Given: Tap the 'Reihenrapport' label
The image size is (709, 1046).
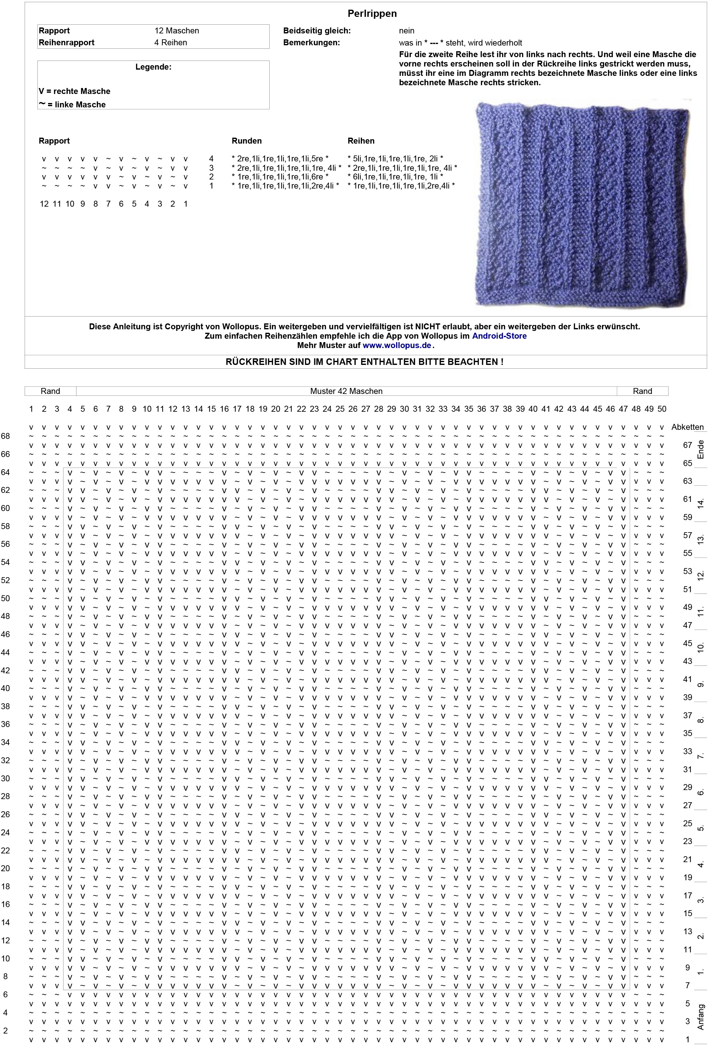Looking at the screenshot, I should [66, 42].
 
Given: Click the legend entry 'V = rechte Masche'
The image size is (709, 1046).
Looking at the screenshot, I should [74, 91].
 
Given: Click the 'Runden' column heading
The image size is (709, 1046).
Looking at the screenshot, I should [247, 141].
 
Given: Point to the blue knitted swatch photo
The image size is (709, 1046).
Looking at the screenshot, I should [583, 204].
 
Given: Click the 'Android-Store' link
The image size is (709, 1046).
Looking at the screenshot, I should [499, 336].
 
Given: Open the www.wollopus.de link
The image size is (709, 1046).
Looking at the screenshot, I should [397, 345].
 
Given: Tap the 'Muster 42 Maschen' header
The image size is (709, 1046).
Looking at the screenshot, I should [346, 391].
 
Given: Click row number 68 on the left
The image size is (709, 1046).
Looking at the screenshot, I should [5, 436].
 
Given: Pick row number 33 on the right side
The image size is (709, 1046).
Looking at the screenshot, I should [687, 751].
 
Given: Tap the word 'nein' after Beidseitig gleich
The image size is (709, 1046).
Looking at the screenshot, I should [406, 31].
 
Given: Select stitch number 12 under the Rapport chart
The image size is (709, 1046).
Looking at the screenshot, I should [44, 204].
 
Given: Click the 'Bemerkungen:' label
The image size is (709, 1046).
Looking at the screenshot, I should [311, 42].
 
